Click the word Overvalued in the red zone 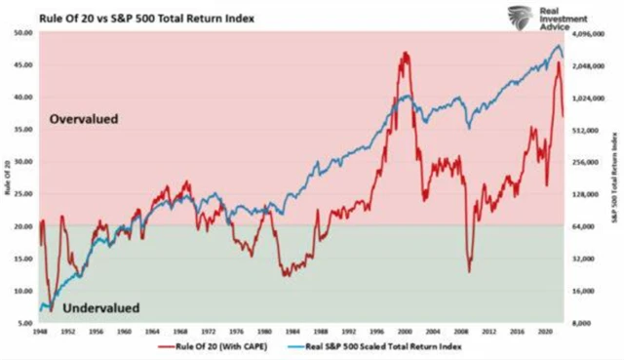(84, 119)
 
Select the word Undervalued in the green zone (100, 308)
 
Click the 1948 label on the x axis (40, 332)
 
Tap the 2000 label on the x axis (401, 332)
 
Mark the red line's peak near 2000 (404, 53)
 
